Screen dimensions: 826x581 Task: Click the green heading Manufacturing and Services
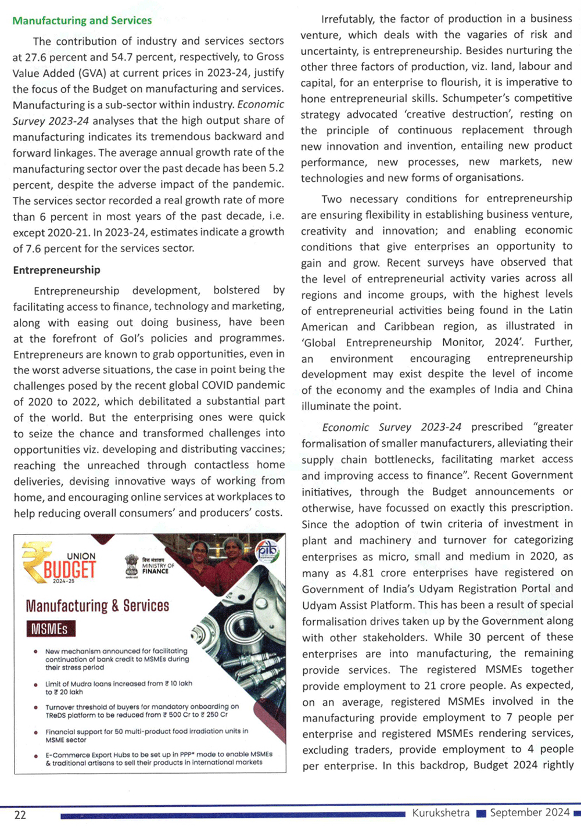(82, 21)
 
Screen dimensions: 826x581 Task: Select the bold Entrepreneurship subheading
(56, 270)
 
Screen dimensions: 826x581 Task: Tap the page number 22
(20, 815)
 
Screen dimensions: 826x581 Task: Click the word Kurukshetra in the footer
(440, 813)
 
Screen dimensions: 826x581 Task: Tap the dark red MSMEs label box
(50, 629)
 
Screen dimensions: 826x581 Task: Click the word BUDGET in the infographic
(70, 569)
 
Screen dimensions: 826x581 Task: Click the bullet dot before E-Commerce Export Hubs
(36, 756)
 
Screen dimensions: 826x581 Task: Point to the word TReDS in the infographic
(56, 715)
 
